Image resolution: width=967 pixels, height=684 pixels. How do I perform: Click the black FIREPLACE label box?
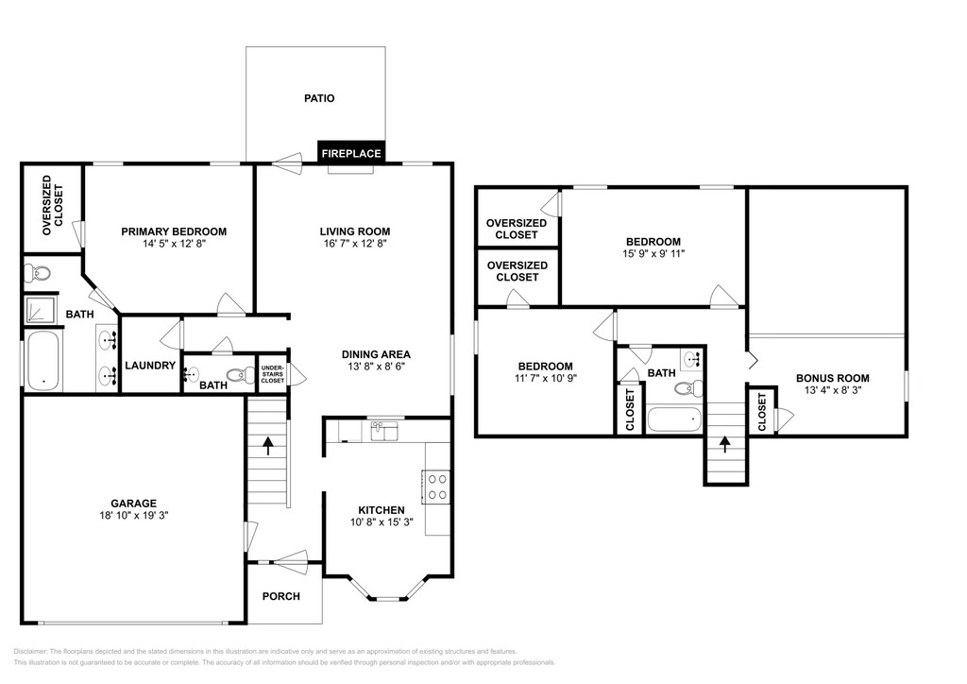coord(351,152)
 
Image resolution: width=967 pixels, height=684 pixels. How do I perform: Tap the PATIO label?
coord(319,98)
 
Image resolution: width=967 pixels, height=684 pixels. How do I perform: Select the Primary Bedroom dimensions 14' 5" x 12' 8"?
coord(174,244)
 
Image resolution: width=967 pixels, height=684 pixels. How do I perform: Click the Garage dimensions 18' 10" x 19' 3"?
coord(134,515)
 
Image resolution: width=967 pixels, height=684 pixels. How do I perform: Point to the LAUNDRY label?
coord(150,365)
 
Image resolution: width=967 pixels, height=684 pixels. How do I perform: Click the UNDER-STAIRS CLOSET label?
coord(273,374)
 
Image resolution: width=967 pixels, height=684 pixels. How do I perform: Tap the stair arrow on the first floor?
coord(267,446)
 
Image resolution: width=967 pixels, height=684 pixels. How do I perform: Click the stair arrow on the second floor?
coord(724,444)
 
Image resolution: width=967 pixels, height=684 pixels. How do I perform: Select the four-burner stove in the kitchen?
coord(436,486)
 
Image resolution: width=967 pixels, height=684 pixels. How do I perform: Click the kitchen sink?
coord(385,431)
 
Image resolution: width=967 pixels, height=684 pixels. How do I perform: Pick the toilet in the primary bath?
coord(37,272)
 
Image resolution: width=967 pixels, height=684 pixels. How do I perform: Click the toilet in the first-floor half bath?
coord(241,374)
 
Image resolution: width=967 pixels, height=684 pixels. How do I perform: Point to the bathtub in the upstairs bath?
coord(674,419)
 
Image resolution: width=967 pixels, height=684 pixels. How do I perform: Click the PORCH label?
coord(281,596)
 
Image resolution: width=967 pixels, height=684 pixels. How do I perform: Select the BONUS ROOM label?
coord(833,378)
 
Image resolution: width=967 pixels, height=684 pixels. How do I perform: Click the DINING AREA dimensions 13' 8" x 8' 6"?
coord(376,366)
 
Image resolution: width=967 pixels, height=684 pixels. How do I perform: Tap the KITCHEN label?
coord(382,510)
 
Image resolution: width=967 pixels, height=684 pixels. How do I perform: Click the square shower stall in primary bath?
coord(41,310)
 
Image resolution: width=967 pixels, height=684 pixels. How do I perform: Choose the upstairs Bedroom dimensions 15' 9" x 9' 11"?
coord(653,253)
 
